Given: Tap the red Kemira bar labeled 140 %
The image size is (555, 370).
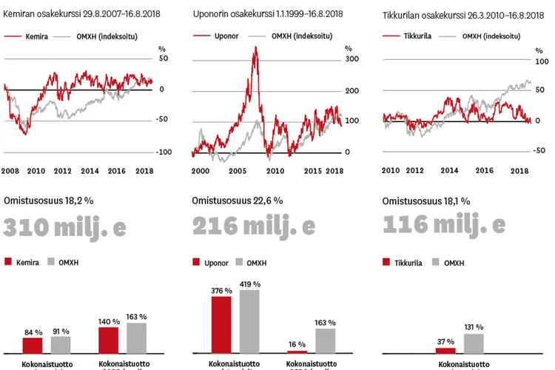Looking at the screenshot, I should [108, 339].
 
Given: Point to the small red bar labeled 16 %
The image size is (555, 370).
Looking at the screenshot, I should [297, 351].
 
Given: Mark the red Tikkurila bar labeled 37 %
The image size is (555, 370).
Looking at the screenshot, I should [445, 350].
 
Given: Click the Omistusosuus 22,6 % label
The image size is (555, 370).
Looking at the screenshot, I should [238, 201].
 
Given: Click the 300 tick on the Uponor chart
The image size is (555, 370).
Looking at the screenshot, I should [351, 59].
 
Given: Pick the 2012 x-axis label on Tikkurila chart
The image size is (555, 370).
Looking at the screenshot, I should [415, 171].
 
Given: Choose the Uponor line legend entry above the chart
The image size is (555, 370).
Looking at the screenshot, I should [215, 36].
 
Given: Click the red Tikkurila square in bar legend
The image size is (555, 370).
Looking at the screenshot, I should [387, 262].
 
